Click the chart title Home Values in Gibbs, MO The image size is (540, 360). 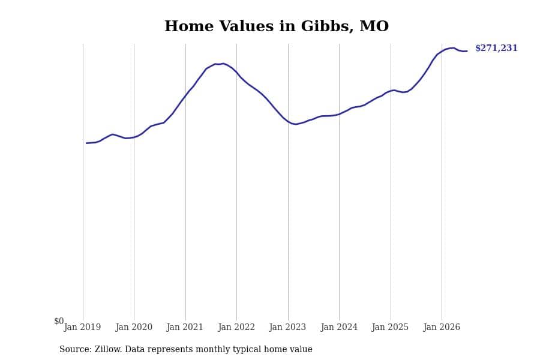pos(277,26)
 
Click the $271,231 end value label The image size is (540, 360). pos(496,48)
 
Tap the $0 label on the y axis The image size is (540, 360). pos(59,321)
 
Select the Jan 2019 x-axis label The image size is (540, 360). pos(82,327)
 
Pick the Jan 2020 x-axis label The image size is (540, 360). pos(134,327)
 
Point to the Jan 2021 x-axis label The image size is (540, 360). pos(185,327)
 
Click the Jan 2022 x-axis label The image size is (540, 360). pos(236,327)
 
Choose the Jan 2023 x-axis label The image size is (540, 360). pos(287,327)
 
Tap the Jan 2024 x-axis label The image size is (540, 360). pos(339,327)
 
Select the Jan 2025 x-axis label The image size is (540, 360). pos(390,327)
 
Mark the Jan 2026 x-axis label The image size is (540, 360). pos(442,327)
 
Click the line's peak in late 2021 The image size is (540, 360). pos(223,64)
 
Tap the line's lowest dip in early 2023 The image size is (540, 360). pos(295,124)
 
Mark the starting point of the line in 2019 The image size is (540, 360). pos(86,143)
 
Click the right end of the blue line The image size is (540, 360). pos(467,51)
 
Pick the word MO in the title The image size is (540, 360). pos(374,26)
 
